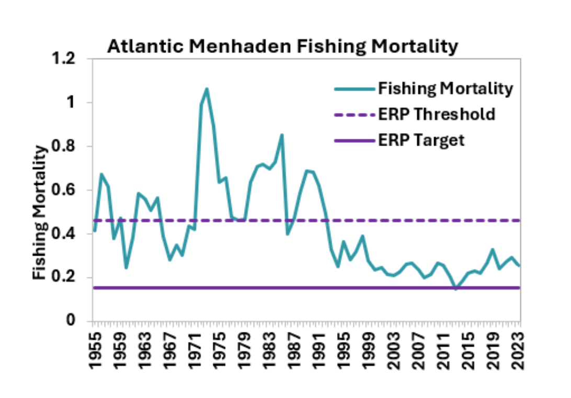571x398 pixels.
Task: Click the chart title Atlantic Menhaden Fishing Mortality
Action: (x=282, y=47)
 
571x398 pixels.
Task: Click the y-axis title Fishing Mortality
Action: (x=40, y=213)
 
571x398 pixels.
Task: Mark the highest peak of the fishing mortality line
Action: (x=207, y=89)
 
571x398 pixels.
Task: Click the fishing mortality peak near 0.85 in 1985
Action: (x=281, y=135)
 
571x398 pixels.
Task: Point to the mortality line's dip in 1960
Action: (x=126, y=268)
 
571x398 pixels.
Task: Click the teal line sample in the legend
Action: (x=354, y=89)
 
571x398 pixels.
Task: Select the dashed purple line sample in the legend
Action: (x=354, y=115)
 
